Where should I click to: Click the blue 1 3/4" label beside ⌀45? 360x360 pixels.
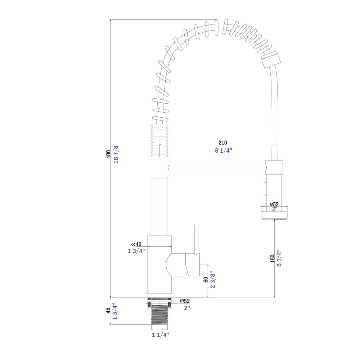point(136,251)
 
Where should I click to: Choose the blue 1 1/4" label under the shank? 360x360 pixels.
point(160,335)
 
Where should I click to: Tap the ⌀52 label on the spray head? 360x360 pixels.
point(274,204)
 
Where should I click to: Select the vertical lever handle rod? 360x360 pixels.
point(197,239)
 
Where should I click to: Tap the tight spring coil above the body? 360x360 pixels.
point(159,140)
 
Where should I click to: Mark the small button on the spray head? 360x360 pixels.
point(264,188)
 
